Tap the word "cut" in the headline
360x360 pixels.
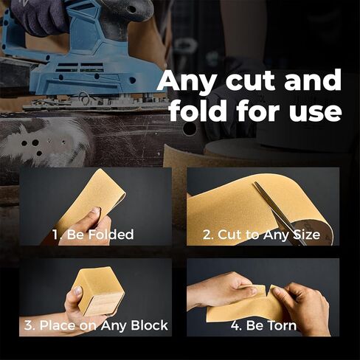253,81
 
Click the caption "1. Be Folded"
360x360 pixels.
94,235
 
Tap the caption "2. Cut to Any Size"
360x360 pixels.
261,235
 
